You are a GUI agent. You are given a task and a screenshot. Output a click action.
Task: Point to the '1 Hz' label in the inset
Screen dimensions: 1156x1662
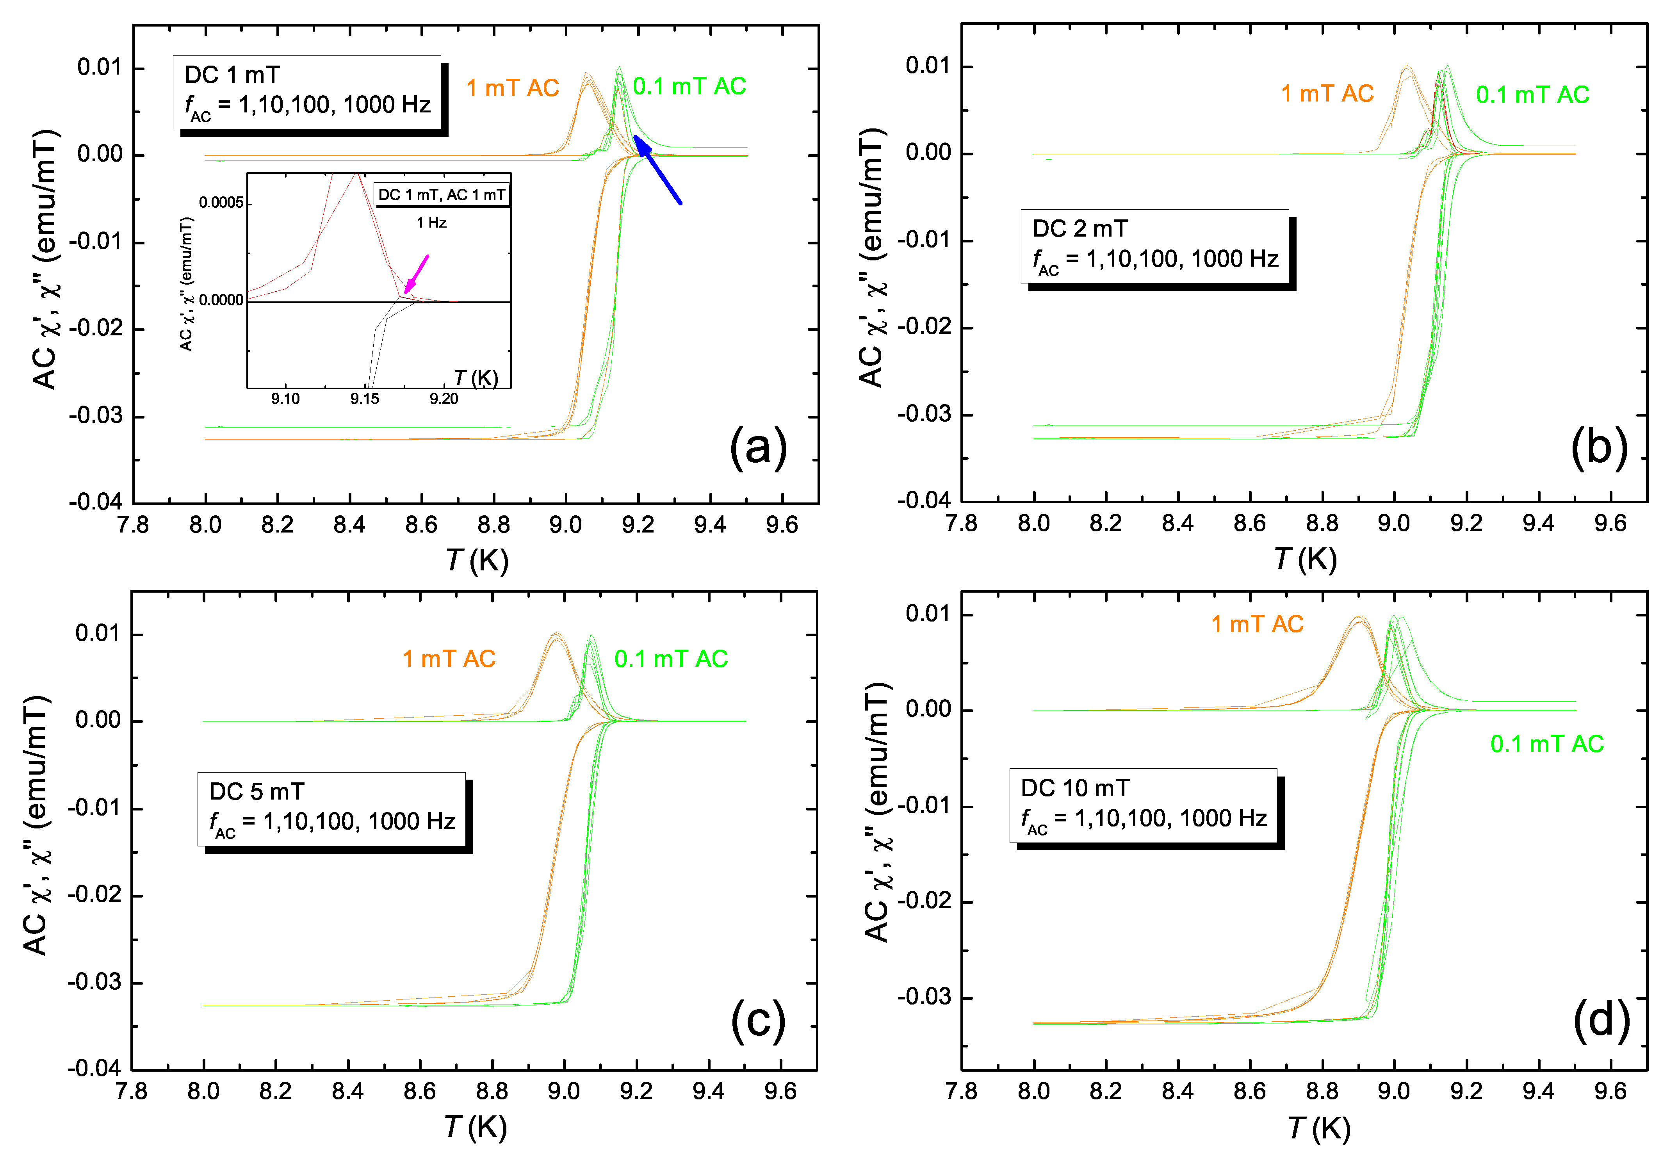tap(431, 223)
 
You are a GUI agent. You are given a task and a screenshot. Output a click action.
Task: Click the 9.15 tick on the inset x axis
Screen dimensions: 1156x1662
tap(365, 399)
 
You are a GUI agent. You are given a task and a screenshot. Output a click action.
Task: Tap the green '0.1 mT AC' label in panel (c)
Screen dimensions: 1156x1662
tap(671, 659)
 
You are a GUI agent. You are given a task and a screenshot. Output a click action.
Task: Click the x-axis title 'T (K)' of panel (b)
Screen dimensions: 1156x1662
tap(1305, 559)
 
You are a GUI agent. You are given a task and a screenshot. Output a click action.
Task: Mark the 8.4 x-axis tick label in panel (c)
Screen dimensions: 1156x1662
tap(347, 1091)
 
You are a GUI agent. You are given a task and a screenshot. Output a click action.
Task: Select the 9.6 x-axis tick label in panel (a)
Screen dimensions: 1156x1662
tap(782, 524)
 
